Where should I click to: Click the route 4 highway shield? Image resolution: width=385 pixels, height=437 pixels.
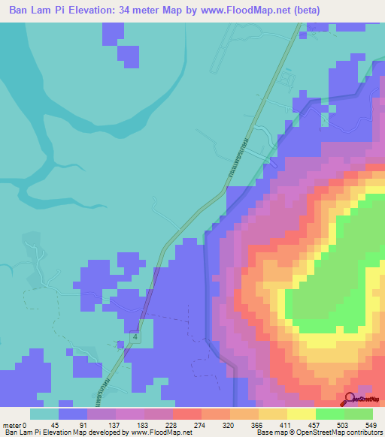point(134,339)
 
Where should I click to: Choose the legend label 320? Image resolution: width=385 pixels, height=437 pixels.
point(229,424)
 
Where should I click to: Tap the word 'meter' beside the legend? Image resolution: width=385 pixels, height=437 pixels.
point(11,424)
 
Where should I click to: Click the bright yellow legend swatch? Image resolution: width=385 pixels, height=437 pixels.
point(301,414)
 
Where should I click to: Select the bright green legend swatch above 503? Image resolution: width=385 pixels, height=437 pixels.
point(329,414)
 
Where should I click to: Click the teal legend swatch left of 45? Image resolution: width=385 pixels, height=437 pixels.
point(44,414)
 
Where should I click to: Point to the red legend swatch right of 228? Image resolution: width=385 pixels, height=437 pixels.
point(186,414)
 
